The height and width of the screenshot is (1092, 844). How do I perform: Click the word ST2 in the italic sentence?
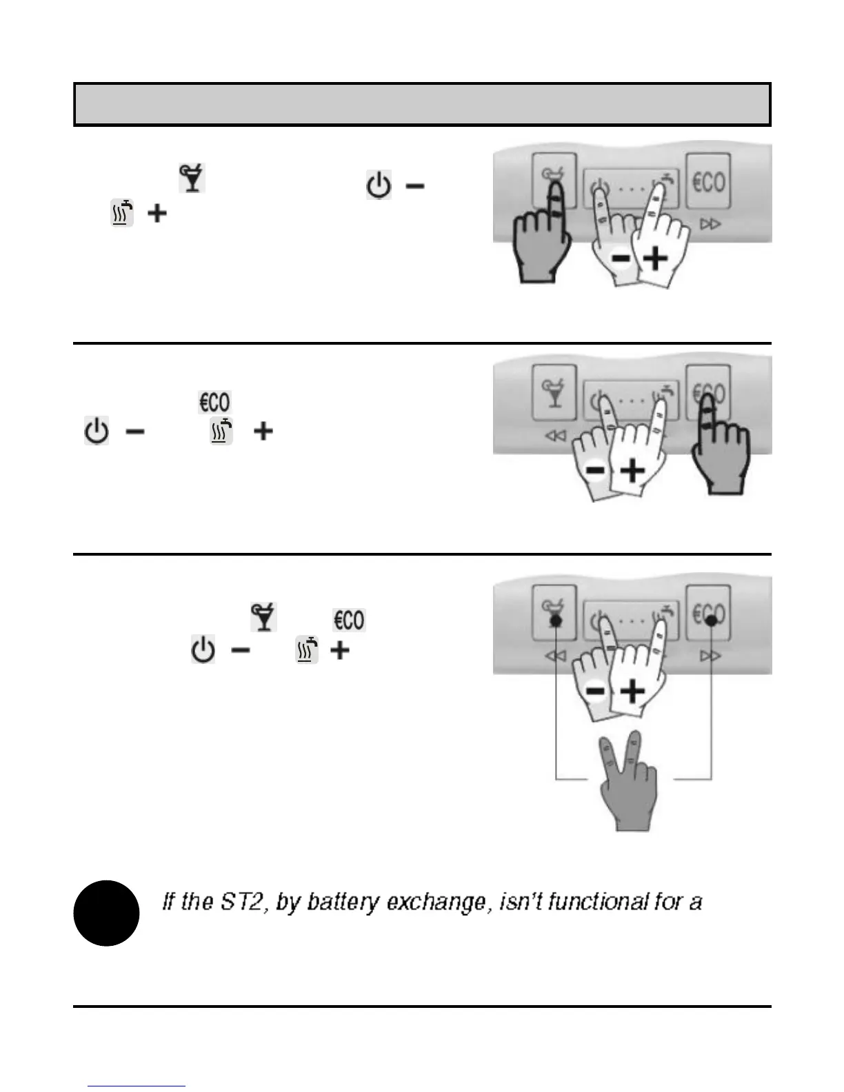pos(243,902)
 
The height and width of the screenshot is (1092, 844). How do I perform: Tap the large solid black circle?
pos(106,913)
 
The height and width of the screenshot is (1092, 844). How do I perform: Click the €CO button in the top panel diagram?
pos(708,182)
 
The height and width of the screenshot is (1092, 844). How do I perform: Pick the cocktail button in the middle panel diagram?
pos(554,393)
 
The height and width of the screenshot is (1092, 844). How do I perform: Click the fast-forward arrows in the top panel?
pos(710,224)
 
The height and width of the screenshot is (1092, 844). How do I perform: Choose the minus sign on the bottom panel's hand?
pos(596,691)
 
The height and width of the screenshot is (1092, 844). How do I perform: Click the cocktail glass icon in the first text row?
pos(192,179)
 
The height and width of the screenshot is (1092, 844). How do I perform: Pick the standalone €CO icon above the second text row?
pos(214,402)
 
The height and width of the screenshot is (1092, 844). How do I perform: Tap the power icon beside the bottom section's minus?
pos(203,650)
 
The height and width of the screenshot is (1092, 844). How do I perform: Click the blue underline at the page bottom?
pos(137,1086)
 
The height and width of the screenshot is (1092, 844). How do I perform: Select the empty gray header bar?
pos(422,105)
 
